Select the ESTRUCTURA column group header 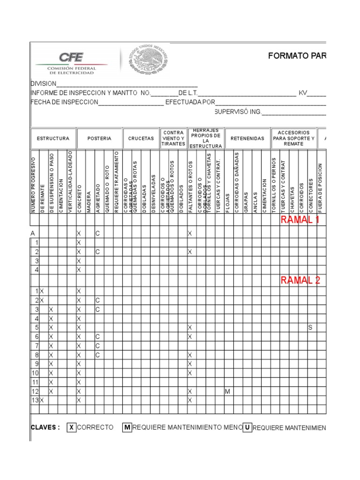[x=53, y=139]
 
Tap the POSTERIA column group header [x=99, y=139]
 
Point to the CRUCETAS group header [x=141, y=139]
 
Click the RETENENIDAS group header [x=247, y=139]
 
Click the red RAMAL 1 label [x=300, y=220]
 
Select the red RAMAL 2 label [x=300, y=280]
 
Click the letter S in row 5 [x=310, y=327]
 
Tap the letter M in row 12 [x=227, y=391]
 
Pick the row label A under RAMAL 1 [x=33, y=233]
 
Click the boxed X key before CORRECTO [x=71, y=427]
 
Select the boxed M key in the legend [x=127, y=427]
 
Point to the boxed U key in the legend [x=247, y=427]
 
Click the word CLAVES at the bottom [x=45, y=427]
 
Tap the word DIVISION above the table [x=43, y=83]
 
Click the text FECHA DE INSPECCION [x=64, y=102]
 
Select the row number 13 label [x=34, y=400]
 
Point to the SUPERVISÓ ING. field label [x=237, y=112]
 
